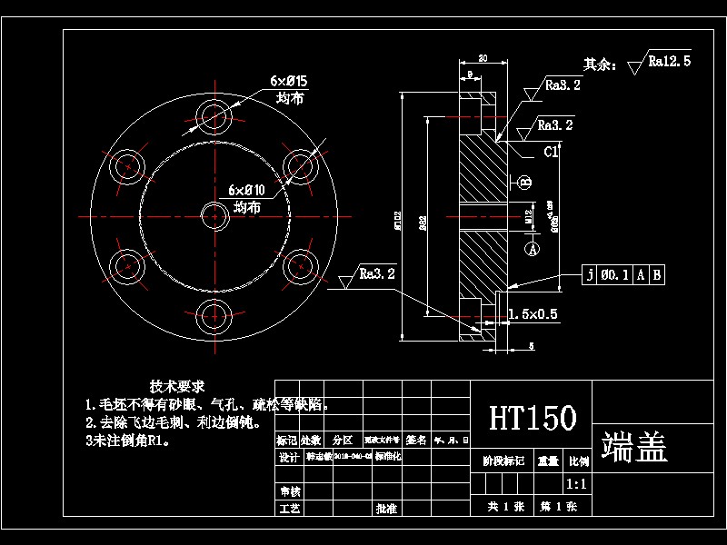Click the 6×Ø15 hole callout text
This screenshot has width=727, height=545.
pyautogui.click(x=289, y=82)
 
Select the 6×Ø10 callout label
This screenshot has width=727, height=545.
pyautogui.click(x=246, y=190)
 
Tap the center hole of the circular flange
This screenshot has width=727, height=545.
pyautogui.click(x=215, y=216)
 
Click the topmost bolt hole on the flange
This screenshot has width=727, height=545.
pyautogui.click(x=215, y=115)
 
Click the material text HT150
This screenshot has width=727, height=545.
pyautogui.click(x=533, y=418)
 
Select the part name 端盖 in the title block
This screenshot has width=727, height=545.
pyautogui.click(x=634, y=446)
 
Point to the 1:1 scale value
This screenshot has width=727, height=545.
pyautogui.click(x=575, y=484)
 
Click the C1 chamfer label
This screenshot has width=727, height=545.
pyautogui.click(x=551, y=153)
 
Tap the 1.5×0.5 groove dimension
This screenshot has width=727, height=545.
pyautogui.click(x=533, y=314)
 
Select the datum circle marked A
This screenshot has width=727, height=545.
pyautogui.click(x=533, y=246)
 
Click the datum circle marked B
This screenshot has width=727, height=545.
pyautogui.click(x=525, y=182)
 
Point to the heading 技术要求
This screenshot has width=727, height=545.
pyautogui.click(x=177, y=386)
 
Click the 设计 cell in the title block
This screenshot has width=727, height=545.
pyautogui.click(x=288, y=458)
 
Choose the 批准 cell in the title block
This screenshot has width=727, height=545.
pyautogui.click(x=386, y=509)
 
